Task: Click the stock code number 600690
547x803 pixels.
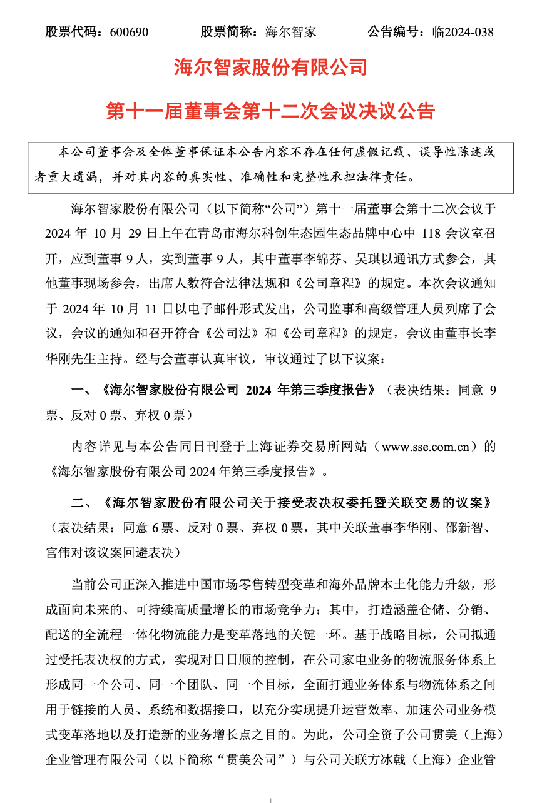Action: tap(128, 32)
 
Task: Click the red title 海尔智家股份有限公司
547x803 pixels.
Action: tap(270, 66)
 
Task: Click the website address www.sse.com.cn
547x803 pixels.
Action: tap(426, 447)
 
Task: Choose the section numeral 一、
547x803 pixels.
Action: tap(83, 390)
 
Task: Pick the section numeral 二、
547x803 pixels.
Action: tap(83, 503)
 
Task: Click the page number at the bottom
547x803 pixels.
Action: tap(270, 799)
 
